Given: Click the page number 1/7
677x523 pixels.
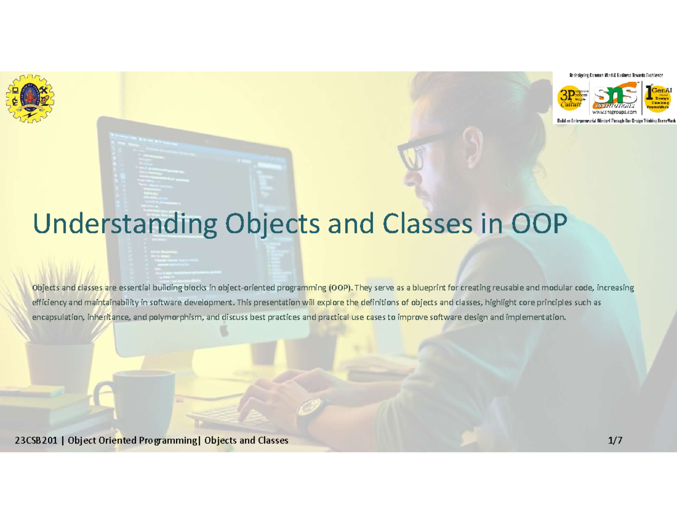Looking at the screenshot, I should click(x=615, y=441).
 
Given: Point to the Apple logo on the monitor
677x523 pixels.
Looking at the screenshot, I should click(x=224, y=331).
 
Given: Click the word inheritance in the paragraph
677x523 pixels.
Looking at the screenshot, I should click(x=107, y=318).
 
